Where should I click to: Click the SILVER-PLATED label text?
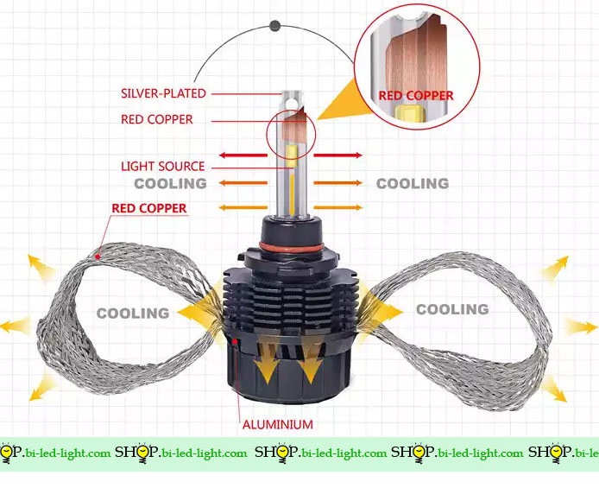[164, 92]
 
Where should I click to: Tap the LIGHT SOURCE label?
[162, 166]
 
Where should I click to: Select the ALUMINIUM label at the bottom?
[277, 424]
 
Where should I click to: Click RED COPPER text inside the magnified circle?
[417, 95]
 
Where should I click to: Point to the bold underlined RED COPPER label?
[149, 208]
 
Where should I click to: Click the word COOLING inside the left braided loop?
[132, 313]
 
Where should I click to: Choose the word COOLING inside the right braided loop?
[452, 308]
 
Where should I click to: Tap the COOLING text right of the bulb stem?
[413, 183]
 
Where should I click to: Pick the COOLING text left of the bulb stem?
[170, 183]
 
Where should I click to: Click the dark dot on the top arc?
[274, 26]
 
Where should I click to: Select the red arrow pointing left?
[243, 155]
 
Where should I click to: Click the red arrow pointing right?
[337, 155]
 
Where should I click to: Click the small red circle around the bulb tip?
[292, 133]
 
